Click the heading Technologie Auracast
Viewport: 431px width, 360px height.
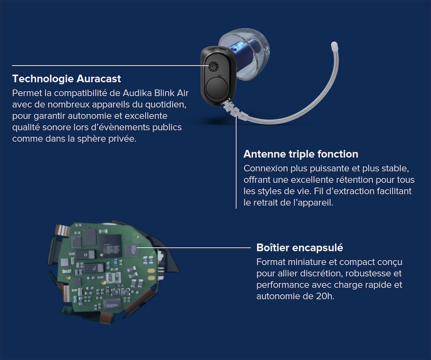click(x=66, y=79)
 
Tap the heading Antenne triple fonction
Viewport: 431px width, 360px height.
click(x=301, y=154)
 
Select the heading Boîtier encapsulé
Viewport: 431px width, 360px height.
click(x=299, y=248)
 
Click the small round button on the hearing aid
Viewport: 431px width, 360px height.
click(x=213, y=66)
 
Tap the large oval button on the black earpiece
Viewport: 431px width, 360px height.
click(x=217, y=88)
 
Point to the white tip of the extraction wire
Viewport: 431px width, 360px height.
click(x=334, y=45)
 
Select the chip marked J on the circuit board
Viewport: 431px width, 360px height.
click(x=94, y=268)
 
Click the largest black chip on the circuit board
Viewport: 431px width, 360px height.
click(x=110, y=246)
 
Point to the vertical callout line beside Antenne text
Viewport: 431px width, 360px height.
click(x=236, y=162)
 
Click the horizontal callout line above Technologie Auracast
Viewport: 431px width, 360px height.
click(x=110, y=66)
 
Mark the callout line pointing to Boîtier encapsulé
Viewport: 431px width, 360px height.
click(x=194, y=248)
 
